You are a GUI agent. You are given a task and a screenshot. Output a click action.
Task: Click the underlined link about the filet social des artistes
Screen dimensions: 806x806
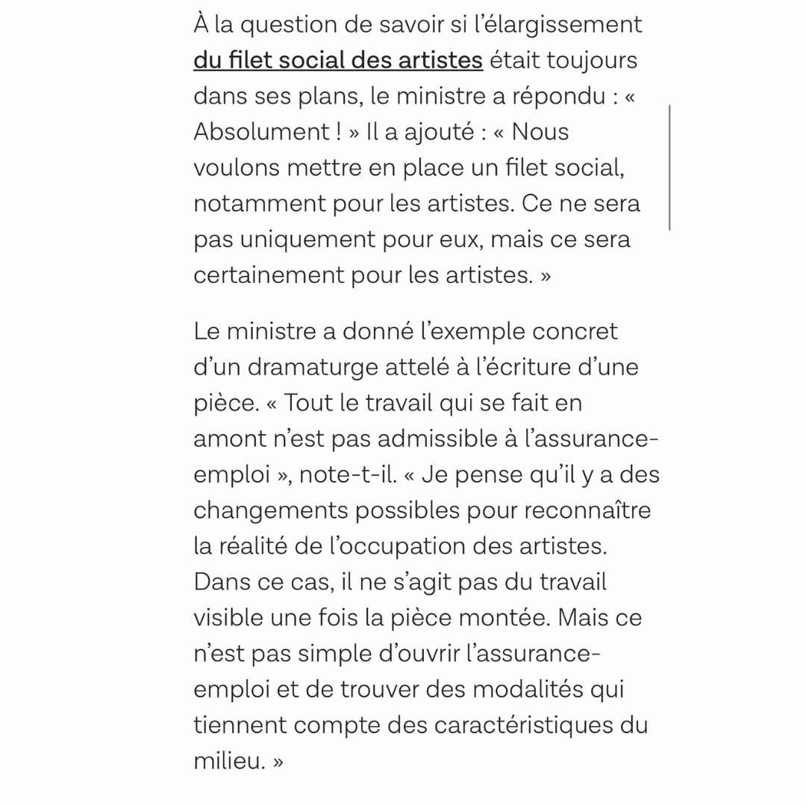click(x=338, y=60)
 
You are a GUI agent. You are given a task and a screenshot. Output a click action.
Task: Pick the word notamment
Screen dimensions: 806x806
click(x=259, y=204)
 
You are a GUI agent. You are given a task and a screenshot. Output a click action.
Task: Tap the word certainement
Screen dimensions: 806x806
click(x=268, y=275)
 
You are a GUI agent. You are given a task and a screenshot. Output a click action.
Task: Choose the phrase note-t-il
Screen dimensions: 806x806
click(x=349, y=475)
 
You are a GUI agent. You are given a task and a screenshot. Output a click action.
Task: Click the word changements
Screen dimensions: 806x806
click(x=269, y=510)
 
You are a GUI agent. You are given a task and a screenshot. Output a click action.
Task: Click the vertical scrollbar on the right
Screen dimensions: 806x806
click(x=669, y=168)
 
